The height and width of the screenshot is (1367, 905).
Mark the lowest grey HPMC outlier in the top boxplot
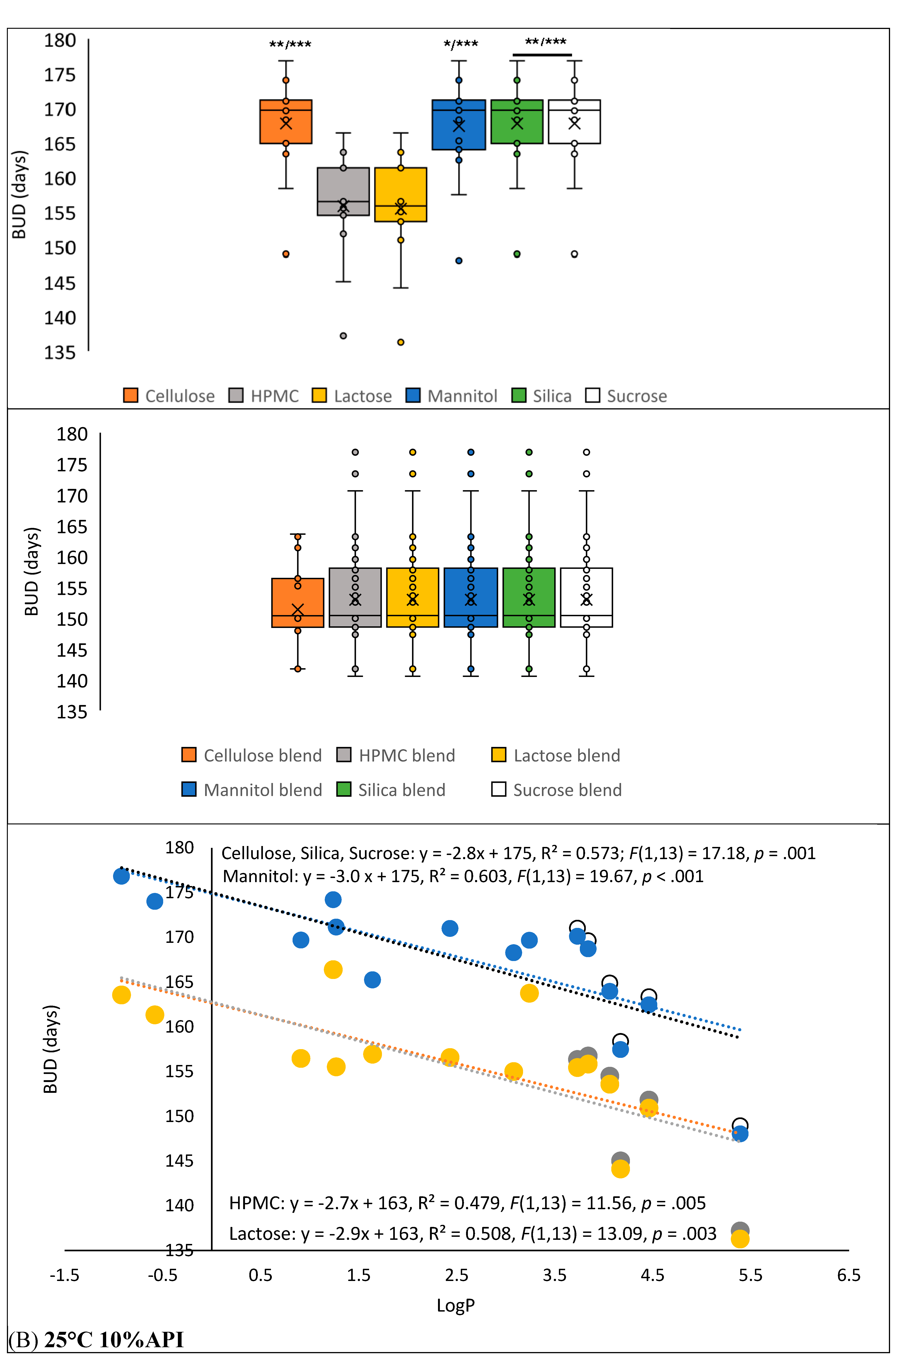pyautogui.click(x=343, y=336)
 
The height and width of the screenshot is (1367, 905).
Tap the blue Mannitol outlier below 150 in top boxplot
pyautogui.click(x=459, y=260)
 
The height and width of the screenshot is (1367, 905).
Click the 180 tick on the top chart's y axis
pyautogui.click(x=60, y=40)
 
